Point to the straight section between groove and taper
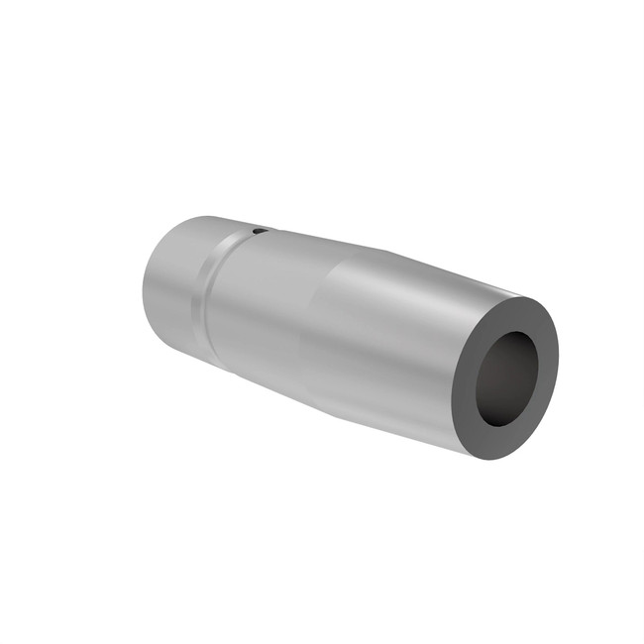263,307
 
